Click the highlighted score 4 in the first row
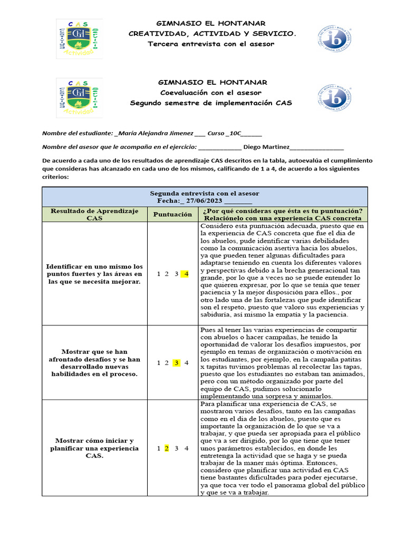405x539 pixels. pos(186,274)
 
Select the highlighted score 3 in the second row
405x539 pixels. pos(177,363)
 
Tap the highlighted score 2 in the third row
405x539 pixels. pos(167,448)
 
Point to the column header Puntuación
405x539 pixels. pos(173,214)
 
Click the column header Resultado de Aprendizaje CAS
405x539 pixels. pos(94,214)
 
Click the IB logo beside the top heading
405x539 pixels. pos(332,38)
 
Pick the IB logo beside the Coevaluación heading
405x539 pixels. pos(332,97)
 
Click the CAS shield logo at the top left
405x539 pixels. pos(79,38)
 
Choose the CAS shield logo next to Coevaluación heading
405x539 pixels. pos(79,98)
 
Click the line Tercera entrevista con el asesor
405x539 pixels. pos(211,44)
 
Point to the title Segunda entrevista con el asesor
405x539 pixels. pos(205,193)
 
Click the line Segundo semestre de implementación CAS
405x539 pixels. pos(211,103)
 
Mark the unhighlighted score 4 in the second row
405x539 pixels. pos(186,363)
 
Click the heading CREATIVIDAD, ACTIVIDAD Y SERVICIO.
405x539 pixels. pos(213,34)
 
